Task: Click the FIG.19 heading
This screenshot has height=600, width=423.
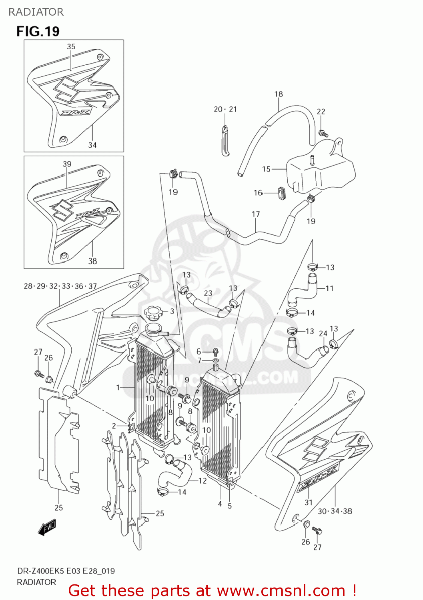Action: coord(38,31)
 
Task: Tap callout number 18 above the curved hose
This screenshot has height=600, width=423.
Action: coord(279,94)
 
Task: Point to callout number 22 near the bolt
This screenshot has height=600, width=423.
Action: coord(321,112)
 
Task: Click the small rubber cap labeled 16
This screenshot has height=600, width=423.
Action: coord(281,192)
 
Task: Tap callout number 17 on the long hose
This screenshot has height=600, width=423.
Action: coord(256,214)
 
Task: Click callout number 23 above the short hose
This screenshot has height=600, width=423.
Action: coord(208,293)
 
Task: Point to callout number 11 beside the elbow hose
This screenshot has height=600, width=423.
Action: coord(329,288)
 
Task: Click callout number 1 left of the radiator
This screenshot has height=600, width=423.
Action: coord(118,387)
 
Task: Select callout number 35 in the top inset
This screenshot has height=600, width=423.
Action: coord(71,46)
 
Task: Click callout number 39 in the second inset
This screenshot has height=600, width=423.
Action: coord(67,164)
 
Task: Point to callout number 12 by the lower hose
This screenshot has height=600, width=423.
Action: coord(202,480)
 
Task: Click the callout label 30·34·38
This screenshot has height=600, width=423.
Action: coord(335,511)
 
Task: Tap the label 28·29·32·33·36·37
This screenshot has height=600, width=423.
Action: coord(60,286)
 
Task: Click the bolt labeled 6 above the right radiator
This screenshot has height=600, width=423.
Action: coord(215,352)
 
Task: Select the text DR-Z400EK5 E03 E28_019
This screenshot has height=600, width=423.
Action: coord(66,571)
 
